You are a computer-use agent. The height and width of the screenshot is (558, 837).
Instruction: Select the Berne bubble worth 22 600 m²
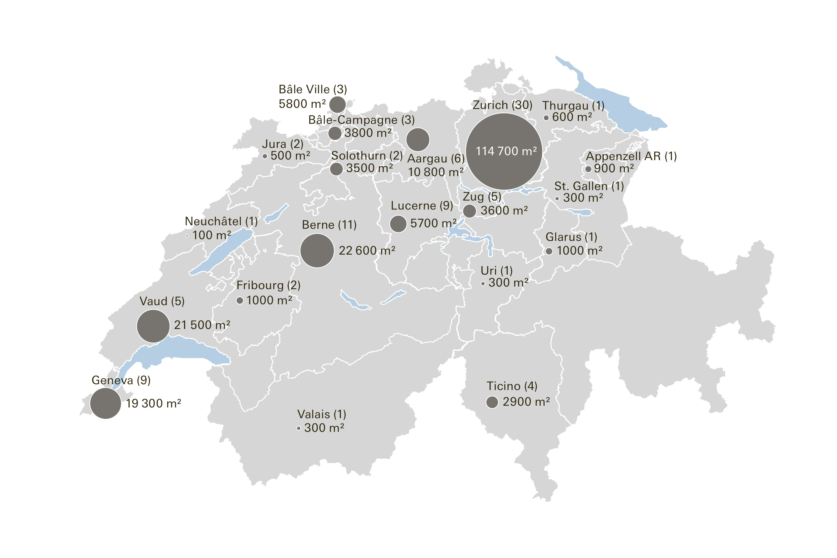tap(317, 251)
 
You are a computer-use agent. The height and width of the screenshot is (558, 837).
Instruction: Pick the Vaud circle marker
tap(153, 326)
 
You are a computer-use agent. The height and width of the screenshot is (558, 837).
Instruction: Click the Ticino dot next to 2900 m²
tap(492, 402)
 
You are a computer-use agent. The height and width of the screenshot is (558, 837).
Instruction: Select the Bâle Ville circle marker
tap(337, 104)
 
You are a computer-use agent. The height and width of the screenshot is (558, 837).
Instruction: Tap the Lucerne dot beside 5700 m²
tap(398, 224)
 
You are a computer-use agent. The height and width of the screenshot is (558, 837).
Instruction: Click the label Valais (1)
tap(322, 414)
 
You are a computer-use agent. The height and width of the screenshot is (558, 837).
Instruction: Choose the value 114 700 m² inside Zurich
tap(506, 151)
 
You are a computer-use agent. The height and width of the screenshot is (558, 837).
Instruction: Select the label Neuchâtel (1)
tap(221, 221)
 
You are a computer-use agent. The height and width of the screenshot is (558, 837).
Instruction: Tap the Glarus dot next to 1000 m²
tap(549, 251)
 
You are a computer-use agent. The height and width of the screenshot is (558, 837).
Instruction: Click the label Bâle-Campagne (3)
tap(361, 120)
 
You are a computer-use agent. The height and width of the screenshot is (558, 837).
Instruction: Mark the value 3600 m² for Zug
tap(504, 210)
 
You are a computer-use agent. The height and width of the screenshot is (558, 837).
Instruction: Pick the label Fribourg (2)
tap(268, 285)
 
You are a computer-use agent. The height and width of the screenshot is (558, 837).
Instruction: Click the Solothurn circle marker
tap(336, 169)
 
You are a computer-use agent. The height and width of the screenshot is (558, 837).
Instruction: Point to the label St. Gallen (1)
tap(589, 186)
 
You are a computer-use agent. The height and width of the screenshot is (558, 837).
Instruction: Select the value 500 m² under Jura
tap(290, 155)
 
